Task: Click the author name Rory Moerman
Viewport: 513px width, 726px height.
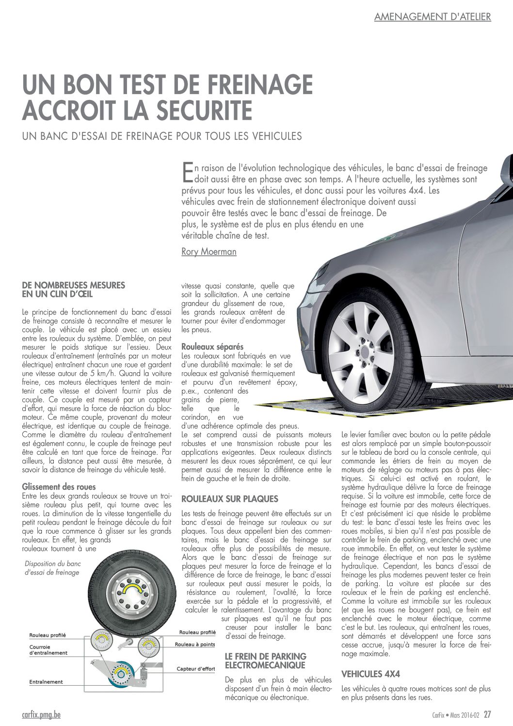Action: coord(208,251)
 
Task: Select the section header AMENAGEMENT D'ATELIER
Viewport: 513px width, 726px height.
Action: coord(433,16)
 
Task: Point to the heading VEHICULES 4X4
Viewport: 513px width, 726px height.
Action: coord(370,674)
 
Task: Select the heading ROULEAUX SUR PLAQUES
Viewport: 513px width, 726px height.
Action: coord(230,498)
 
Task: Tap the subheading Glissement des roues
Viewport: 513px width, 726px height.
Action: coord(59,487)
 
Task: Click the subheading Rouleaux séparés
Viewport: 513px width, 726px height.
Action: coord(212,346)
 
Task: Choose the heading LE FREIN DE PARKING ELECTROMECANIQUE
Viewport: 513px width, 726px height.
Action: coord(265,660)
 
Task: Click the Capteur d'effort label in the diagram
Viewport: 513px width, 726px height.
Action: coord(195,669)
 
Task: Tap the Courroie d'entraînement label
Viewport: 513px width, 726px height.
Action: coord(48,650)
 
